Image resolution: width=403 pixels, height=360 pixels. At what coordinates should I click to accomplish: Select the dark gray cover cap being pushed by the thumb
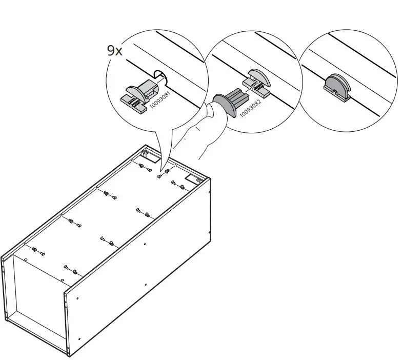tap(226, 105)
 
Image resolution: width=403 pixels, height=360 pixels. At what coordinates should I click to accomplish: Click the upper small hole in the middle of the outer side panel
tap(145, 244)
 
